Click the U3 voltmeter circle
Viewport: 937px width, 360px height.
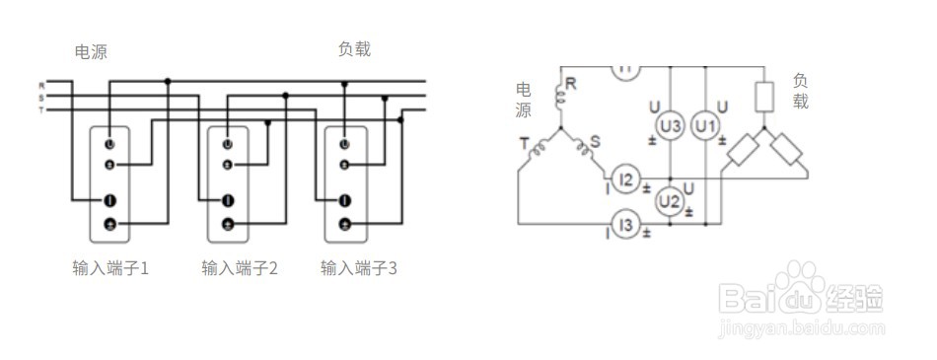pos(670,126)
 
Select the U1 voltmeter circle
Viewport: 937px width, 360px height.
pos(704,126)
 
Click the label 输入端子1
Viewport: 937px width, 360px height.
pos(109,267)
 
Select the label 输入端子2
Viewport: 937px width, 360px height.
pos(240,267)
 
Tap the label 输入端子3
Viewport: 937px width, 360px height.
pos(359,267)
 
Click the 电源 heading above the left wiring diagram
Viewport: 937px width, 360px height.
pos(91,52)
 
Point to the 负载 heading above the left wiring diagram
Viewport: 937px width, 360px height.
pos(354,49)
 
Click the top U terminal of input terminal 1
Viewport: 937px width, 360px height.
pos(109,145)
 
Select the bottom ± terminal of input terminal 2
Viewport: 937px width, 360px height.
pos(228,225)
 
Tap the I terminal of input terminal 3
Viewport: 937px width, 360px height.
pos(344,201)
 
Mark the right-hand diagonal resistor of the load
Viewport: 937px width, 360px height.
pos(788,150)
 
